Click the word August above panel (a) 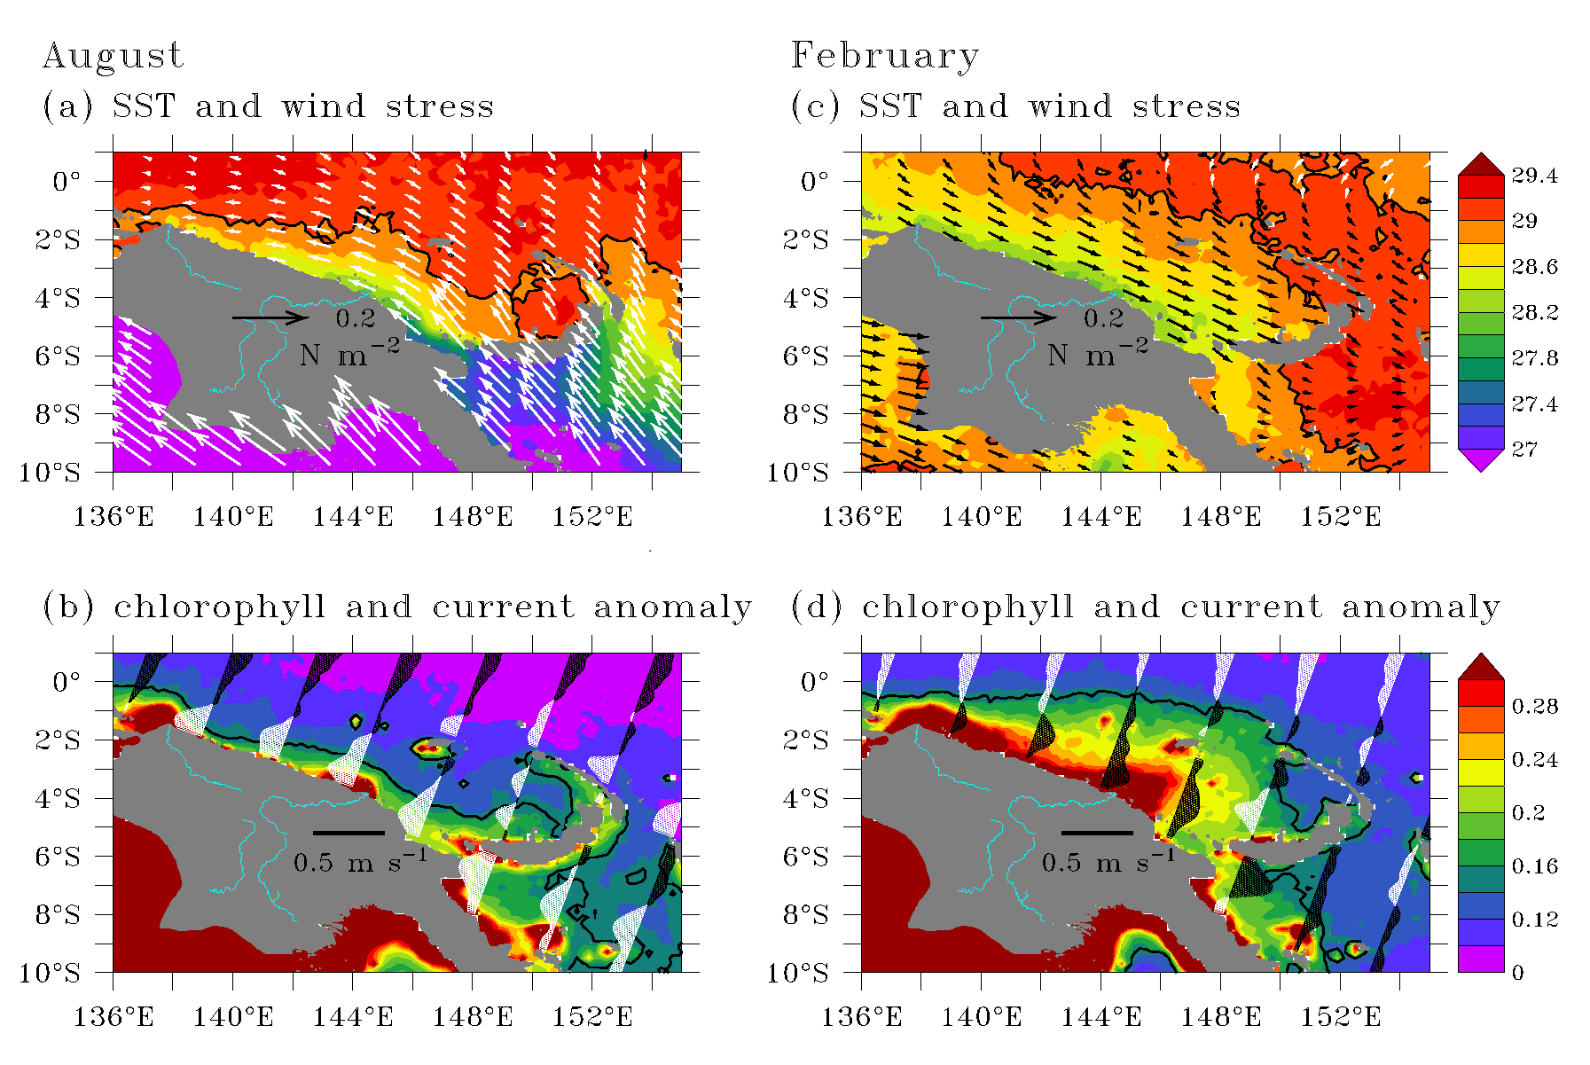113,57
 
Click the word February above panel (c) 885,57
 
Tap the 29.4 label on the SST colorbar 1534,176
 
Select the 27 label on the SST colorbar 1524,449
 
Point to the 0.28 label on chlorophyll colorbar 1534,706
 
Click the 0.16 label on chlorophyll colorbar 1534,865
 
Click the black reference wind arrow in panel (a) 270,317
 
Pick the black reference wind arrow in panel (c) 1019,317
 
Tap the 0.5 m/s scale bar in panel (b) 349,833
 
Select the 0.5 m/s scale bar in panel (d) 1097,833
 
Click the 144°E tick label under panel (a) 353,516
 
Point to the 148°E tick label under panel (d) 1221,1016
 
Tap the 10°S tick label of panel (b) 50,973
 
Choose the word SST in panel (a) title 144,106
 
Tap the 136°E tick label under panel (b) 114,1016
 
